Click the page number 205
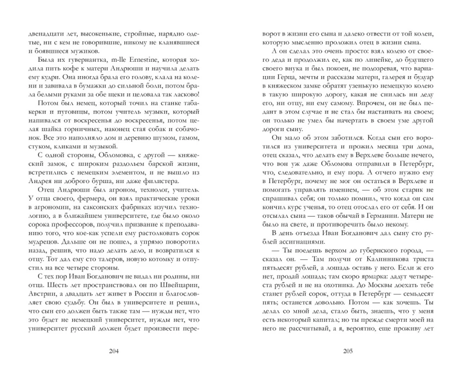(x=348, y=351)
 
